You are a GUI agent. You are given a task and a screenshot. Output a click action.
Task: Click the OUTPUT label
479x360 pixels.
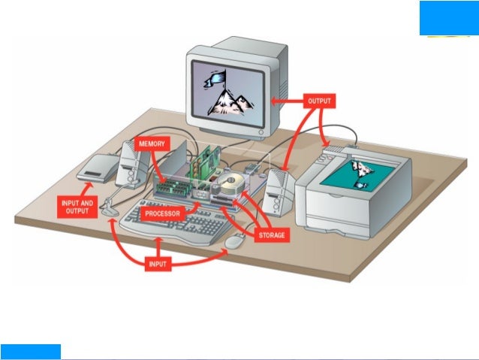[320, 100]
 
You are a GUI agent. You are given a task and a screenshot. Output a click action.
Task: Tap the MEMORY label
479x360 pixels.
[153, 143]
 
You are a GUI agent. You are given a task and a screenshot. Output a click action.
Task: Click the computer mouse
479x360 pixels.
[236, 241]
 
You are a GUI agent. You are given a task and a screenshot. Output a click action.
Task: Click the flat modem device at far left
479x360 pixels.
[95, 170]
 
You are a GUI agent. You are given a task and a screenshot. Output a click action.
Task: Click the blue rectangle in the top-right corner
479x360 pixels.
[448, 17]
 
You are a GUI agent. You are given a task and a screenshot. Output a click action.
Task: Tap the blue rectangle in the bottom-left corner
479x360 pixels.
[30, 351]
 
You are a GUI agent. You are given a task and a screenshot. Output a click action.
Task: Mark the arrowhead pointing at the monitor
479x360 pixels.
[275, 101]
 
